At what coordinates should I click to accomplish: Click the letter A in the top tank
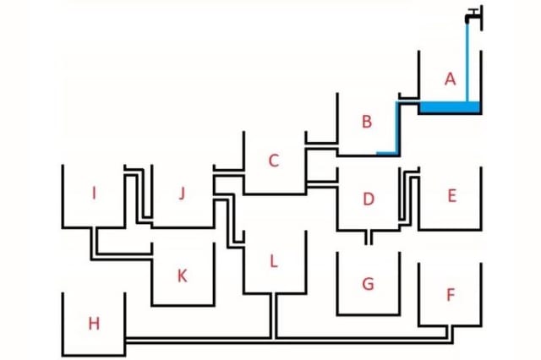(450, 79)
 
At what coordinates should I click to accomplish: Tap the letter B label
(366, 122)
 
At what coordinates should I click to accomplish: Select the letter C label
(273, 161)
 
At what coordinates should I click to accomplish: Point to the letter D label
(368, 199)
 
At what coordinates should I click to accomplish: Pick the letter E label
(451, 196)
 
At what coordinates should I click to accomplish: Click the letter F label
(450, 295)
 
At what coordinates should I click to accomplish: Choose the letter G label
(368, 284)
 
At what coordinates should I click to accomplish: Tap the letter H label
(94, 323)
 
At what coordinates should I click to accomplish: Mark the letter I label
(94, 194)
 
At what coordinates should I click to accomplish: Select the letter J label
(182, 194)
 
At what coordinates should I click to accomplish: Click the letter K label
(182, 275)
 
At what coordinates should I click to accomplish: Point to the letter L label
(273, 261)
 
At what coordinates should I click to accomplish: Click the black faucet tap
(473, 15)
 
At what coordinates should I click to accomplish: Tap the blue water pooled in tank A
(450, 107)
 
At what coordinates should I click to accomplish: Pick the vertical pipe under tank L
(273, 315)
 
